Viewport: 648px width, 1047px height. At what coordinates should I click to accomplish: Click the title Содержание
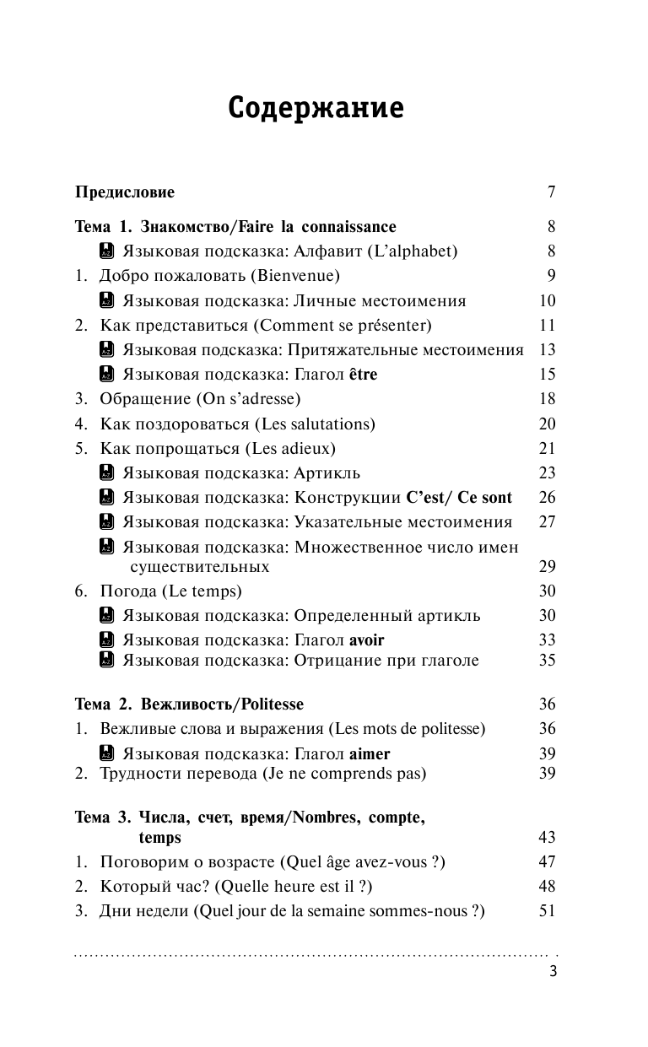(x=316, y=109)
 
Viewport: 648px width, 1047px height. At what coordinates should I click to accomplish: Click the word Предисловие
(x=125, y=192)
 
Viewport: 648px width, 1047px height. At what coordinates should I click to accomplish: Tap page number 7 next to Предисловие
(x=551, y=192)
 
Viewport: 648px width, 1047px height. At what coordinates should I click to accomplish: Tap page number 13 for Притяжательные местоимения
(x=547, y=349)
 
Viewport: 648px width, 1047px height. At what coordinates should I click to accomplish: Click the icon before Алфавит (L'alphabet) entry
(x=106, y=251)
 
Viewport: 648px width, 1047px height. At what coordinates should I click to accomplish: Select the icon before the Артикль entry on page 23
(x=106, y=472)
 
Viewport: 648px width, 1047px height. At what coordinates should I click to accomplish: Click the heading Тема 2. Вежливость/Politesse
(x=189, y=704)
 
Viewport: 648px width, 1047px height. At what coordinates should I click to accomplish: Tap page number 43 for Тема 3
(x=547, y=838)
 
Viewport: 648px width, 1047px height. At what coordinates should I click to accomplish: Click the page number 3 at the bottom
(x=552, y=971)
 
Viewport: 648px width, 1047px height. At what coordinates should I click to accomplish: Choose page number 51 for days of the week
(x=547, y=910)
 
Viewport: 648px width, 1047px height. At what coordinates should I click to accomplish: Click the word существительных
(x=200, y=566)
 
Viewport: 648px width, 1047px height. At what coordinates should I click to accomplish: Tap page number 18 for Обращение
(x=547, y=399)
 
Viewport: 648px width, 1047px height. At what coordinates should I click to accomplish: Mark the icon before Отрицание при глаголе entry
(x=106, y=661)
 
